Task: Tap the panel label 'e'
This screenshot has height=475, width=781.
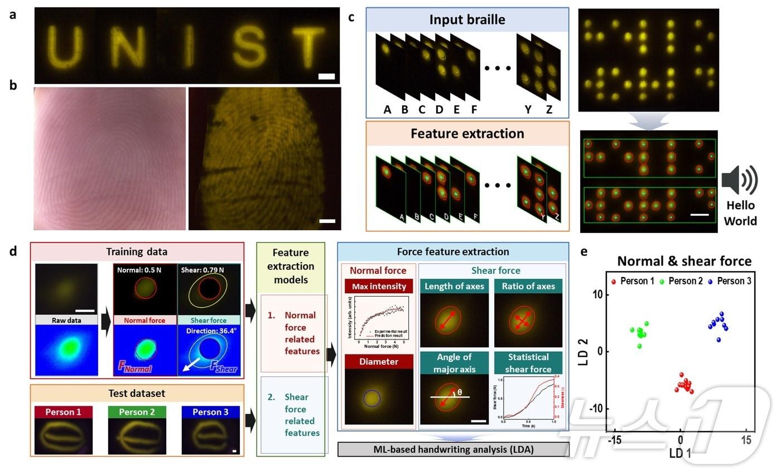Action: [584, 251]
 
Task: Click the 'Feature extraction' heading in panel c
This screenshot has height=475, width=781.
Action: [467, 133]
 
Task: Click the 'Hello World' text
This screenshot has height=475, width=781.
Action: [740, 214]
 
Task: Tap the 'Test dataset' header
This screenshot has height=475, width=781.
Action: [137, 394]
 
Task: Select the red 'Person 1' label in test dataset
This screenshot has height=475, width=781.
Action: [63, 412]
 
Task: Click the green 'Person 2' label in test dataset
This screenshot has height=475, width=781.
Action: [137, 412]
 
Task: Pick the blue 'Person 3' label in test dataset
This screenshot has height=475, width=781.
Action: [210, 412]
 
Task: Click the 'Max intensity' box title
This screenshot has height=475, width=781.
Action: [379, 287]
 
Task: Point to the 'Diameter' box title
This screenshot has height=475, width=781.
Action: [379, 361]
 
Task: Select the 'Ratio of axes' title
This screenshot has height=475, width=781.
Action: [528, 287]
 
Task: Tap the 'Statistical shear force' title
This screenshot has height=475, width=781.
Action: [528, 363]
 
